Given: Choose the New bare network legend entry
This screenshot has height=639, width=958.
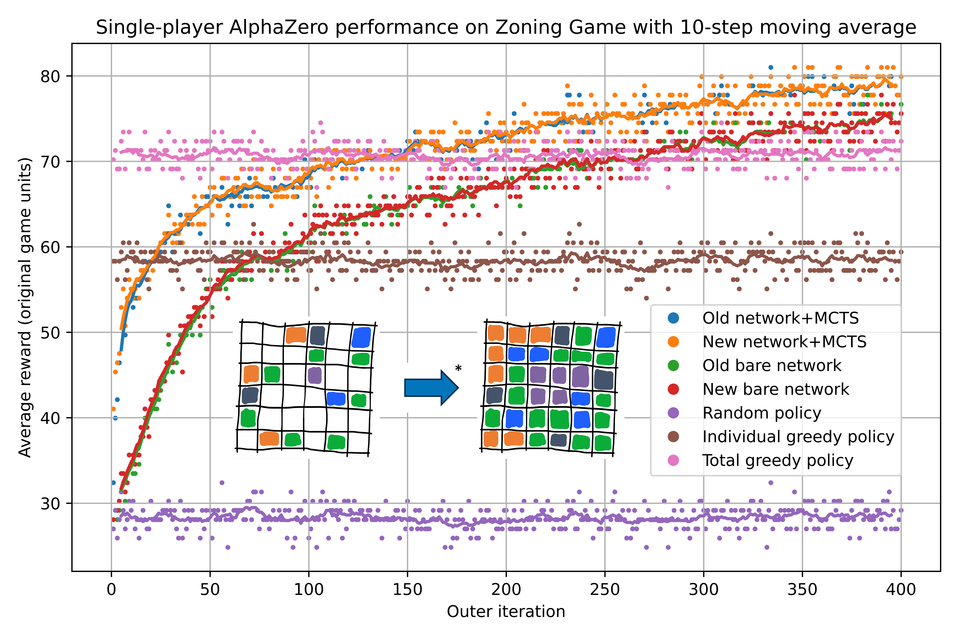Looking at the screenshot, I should (775, 389).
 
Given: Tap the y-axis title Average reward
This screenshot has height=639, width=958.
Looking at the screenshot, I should (25, 308).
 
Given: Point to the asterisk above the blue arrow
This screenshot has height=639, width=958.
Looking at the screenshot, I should (458, 368).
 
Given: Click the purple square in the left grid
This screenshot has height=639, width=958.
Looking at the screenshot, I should (314, 375).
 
